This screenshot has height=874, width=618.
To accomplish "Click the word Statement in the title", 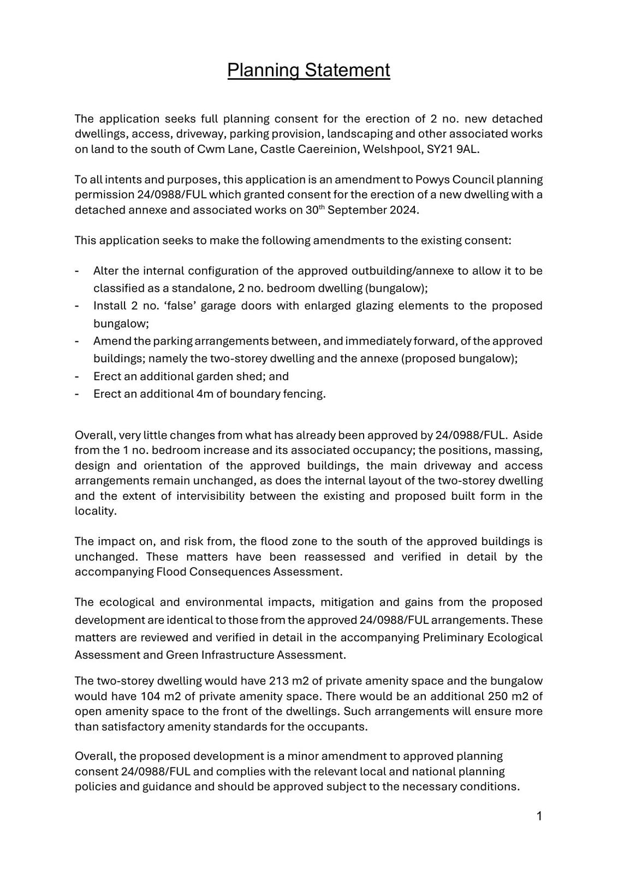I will [x=347, y=70].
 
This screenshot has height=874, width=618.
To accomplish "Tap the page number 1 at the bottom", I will [x=539, y=817].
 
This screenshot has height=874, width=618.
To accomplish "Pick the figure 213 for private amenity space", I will [x=278, y=681].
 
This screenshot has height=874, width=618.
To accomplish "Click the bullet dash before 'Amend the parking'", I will [x=77, y=341].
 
